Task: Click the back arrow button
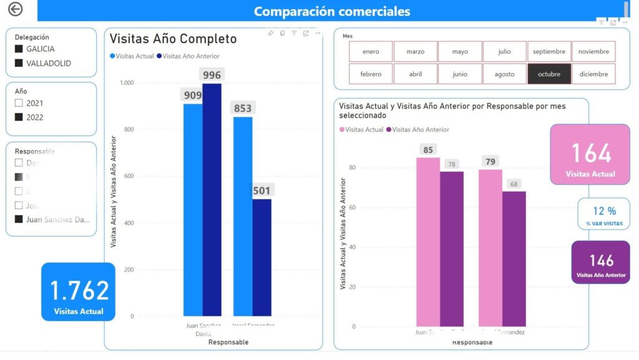[x=15, y=9]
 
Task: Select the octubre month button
[x=549, y=74]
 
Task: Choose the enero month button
[x=371, y=52]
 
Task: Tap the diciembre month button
[x=593, y=74]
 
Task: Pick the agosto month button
[x=504, y=74]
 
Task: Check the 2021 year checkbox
[x=19, y=103]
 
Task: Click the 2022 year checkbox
[x=19, y=117]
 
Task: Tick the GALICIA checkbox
[x=19, y=49]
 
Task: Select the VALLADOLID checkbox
[x=19, y=63]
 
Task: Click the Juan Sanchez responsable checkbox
[x=19, y=219]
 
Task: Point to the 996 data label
[x=212, y=75]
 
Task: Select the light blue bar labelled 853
[x=243, y=216]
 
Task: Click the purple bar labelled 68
[x=514, y=258]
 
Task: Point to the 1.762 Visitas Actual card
[x=79, y=291]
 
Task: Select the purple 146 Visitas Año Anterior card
[x=601, y=263]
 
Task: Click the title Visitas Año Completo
[x=173, y=39]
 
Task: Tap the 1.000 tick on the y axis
[x=127, y=82]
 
